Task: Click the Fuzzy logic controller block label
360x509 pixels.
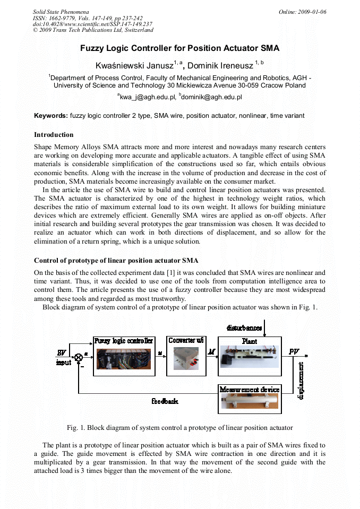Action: pos(124,341)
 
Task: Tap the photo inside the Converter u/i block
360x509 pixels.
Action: pos(185,359)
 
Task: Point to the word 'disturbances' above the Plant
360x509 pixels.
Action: pos(244,328)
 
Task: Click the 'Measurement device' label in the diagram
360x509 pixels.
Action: pos(250,390)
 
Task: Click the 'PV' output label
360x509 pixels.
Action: pos(294,351)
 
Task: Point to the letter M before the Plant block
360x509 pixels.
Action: pos(211,352)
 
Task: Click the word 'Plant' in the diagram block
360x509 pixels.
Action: pos(250,341)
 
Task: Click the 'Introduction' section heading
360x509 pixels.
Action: pos(54,135)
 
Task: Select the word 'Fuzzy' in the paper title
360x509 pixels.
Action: pos(93,48)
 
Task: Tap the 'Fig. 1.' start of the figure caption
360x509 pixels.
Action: pos(76,427)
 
